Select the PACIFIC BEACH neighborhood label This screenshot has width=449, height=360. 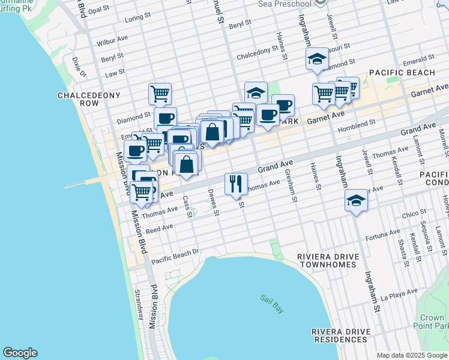[402, 73]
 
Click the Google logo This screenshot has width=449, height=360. [20, 353]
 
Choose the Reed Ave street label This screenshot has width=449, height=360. [160, 229]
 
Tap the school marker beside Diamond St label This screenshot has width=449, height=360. [316, 58]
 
